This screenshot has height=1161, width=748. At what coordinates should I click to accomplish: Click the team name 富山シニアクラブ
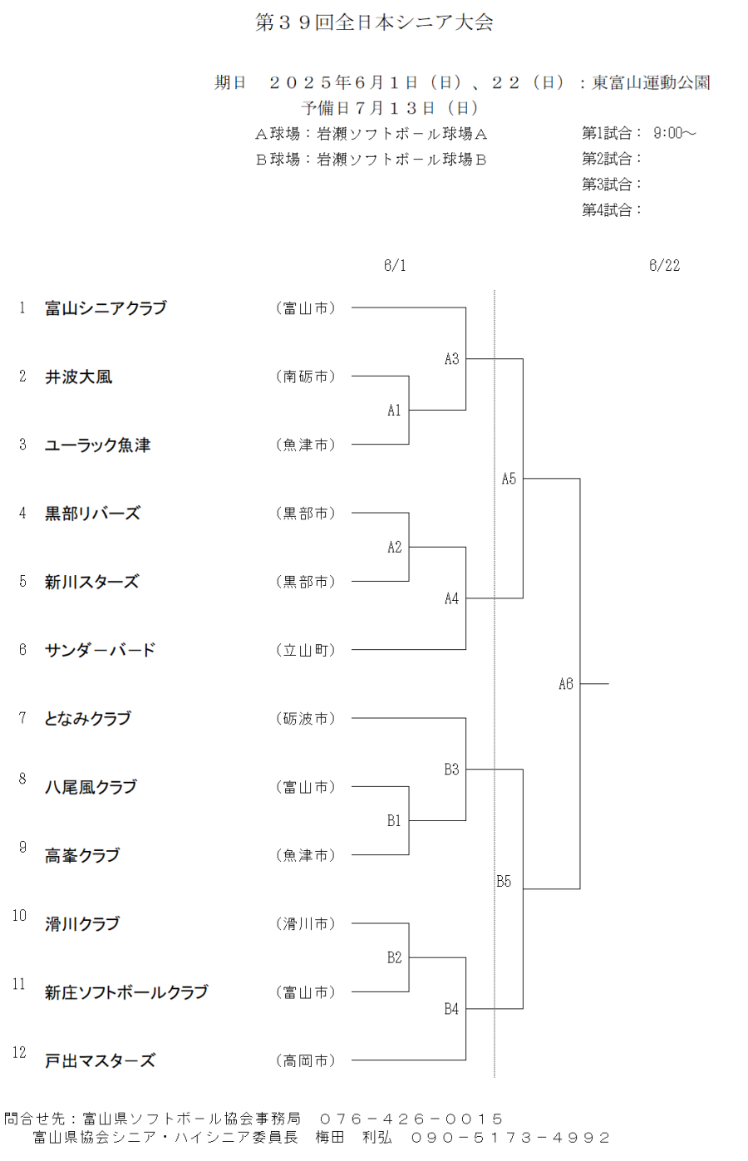point(106,307)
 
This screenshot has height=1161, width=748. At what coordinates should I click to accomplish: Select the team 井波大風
point(78,376)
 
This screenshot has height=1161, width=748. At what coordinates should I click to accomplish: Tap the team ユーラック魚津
point(97,445)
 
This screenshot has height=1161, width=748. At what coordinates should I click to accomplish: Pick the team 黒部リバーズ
point(92,513)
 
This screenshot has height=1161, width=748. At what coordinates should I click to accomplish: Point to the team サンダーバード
point(100,649)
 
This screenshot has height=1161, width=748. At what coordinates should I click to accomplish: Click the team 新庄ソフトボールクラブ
point(126,992)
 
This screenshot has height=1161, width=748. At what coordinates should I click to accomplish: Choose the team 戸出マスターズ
point(100,1060)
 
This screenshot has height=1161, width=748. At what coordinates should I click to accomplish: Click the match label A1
point(394,411)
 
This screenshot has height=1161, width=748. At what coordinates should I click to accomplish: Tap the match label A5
point(509,479)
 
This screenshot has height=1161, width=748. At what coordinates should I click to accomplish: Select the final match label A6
point(565,684)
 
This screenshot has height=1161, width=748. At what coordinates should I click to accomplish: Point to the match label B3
point(451,770)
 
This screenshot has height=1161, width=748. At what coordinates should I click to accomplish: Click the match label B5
point(504,881)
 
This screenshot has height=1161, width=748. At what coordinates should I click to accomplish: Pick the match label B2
point(395,957)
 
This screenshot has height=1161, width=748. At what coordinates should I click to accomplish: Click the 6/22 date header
point(664,265)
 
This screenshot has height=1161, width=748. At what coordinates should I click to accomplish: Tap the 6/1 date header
point(395,265)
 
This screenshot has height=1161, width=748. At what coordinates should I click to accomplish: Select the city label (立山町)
point(306,650)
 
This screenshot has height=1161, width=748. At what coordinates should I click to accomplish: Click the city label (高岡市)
point(306,1060)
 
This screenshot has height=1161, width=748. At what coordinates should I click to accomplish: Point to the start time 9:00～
point(674,133)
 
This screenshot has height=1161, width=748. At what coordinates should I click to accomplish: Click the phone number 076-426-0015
point(411,1119)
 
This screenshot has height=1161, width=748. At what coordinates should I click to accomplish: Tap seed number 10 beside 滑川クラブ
point(19,915)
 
